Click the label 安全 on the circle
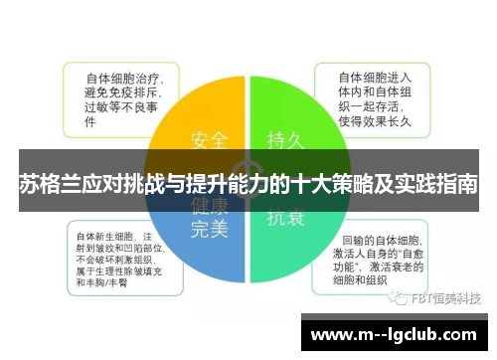point(209,140)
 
